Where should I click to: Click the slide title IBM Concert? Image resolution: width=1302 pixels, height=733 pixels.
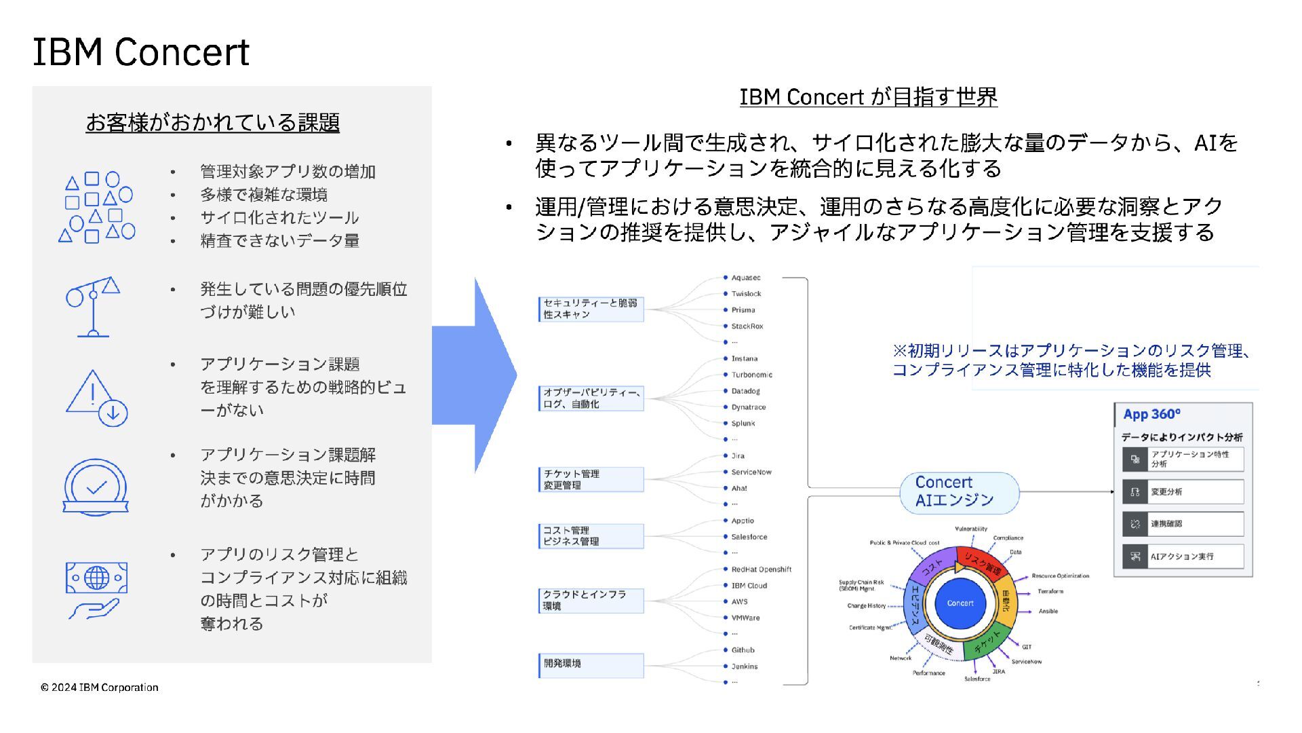point(141,52)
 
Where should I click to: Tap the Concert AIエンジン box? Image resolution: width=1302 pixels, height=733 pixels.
point(959,491)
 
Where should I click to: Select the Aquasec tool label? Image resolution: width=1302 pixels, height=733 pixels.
point(745,278)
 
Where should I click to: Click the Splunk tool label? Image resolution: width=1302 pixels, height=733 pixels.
point(743,424)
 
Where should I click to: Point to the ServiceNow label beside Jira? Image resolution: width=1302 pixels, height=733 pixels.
point(751,472)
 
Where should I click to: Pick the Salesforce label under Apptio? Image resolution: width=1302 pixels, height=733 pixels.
point(749,537)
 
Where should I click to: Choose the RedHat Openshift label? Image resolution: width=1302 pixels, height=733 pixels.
point(761,569)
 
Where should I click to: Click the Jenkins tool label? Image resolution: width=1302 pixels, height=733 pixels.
point(744,666)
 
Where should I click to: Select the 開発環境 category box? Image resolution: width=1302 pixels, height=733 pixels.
point(591,664)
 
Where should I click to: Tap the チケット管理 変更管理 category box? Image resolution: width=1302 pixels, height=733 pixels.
point(591,479)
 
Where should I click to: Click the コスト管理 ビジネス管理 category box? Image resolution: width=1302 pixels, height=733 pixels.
point(591,535)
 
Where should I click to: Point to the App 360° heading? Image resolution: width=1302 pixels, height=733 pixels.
point(1151,414)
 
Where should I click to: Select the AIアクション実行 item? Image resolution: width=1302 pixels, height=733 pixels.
point(1183,557)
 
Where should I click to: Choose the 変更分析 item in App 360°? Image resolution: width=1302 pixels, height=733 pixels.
point(1183,491)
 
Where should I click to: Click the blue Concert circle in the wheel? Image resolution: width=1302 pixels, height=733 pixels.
point(960,603)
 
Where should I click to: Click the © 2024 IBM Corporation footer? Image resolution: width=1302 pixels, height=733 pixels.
point(99,688)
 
